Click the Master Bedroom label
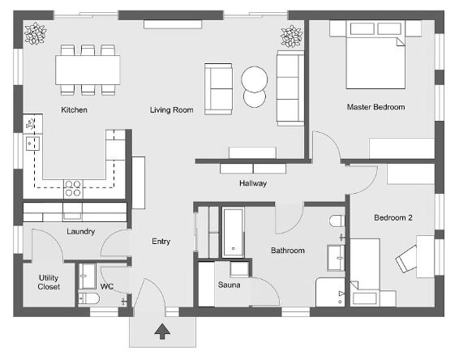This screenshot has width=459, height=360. pyautogui.click(x=375, y=107)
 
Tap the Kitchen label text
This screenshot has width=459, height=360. pyautogui.click(x=74, y=109)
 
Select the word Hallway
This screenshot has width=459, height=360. pyautogui.click(x=253, y=183)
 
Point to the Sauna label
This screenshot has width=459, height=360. pyautogui.click(x=229, y=285)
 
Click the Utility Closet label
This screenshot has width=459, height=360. pyautogui.click(x=49, y=282)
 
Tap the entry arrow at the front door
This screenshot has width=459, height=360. pyautogui.click(x=162, y=332)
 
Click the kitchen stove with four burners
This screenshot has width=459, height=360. pyautogui.click(x=73, y=188)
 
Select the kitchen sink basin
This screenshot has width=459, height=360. pyautogui.click(x=32, y=144)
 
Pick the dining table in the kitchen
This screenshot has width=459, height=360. pyautogui.click(x=88, y=70)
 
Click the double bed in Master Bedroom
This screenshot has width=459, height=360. pyautogui.click(x=375, y=54)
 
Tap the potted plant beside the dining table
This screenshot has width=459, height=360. pyautogui.click(x=35, y=33)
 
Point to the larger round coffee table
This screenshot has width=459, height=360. pyautogui.click(x=254, y=79)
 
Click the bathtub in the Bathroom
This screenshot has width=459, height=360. pyautogui.click(x=233, y=233)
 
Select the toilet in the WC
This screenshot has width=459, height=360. pyautogui.click(x=88, y=299)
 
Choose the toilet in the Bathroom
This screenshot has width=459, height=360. pyautogui.click(x=337, y=221)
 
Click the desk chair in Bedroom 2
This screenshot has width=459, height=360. pyautogui.click(x=406, y=259)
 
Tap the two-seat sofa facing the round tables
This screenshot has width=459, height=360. pyautogui.click(x=219, y=89)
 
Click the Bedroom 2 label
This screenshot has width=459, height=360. pyautogui.click(x=393, y=218)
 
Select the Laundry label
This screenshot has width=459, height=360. pyautogui.click(x=81, y=232)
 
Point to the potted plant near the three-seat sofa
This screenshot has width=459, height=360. pyautogui.click(x=291, y=36)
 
